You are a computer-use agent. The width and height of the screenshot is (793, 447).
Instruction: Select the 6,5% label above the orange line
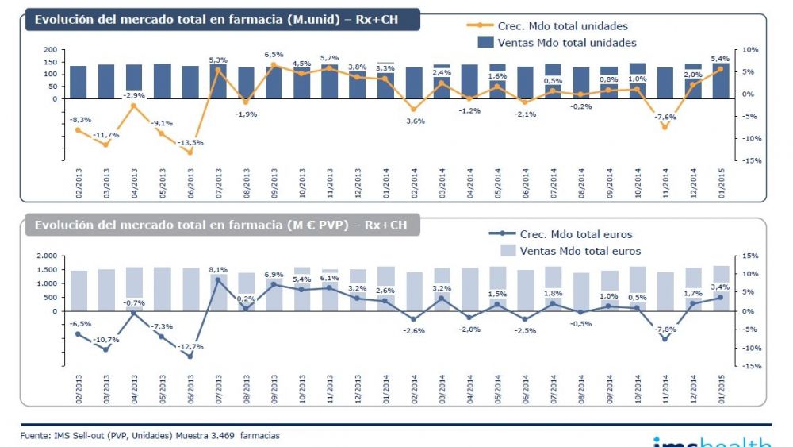click(x=274, y=55)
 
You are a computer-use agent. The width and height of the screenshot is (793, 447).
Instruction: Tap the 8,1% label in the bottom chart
click(x=218, y=270)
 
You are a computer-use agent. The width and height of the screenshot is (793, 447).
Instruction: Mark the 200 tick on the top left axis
click(x=52, y=49)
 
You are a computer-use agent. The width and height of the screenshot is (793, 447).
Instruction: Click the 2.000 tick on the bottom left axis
click(x=46, y=256)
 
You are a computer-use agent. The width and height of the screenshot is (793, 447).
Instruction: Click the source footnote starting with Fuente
click(x=150, y=435)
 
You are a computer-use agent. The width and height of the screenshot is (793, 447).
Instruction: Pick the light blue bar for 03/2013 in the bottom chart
click(x=106, y=290)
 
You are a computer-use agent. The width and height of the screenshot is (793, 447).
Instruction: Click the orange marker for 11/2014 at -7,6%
click(x=665, y=127)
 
